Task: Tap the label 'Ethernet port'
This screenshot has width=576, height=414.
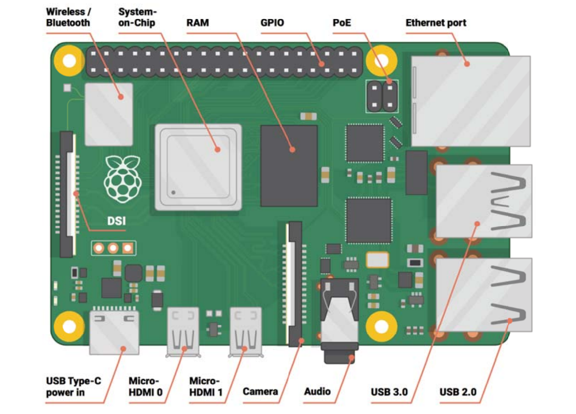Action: click(x=435, y=22)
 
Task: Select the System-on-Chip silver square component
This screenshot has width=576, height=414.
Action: click(x=198, y=167)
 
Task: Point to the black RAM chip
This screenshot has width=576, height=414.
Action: click(x=289, y=165)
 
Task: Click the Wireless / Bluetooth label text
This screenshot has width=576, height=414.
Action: click(x=68, y=16)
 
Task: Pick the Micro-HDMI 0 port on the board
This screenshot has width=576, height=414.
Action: click(x=183, y=331)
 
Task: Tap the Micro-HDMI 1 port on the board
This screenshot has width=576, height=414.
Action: click(x=245, y=331)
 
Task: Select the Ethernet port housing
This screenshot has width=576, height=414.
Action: click(x=470, y=100)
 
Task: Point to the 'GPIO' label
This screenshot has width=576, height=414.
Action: click(x=273, y=22)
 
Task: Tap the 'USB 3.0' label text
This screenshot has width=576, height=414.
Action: click(x=389, y=392)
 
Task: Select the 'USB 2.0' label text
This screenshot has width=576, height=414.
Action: click(x=458, y=392)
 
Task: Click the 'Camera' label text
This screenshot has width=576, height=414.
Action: click(x=260, y=391)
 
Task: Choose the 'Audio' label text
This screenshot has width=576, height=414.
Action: click(x=317, y=391)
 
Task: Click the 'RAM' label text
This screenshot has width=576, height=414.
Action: click(x=197, y=22)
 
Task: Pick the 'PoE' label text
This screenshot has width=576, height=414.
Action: click(x=342, y=22)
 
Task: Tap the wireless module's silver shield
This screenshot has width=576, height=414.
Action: click(x=109, y=114)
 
